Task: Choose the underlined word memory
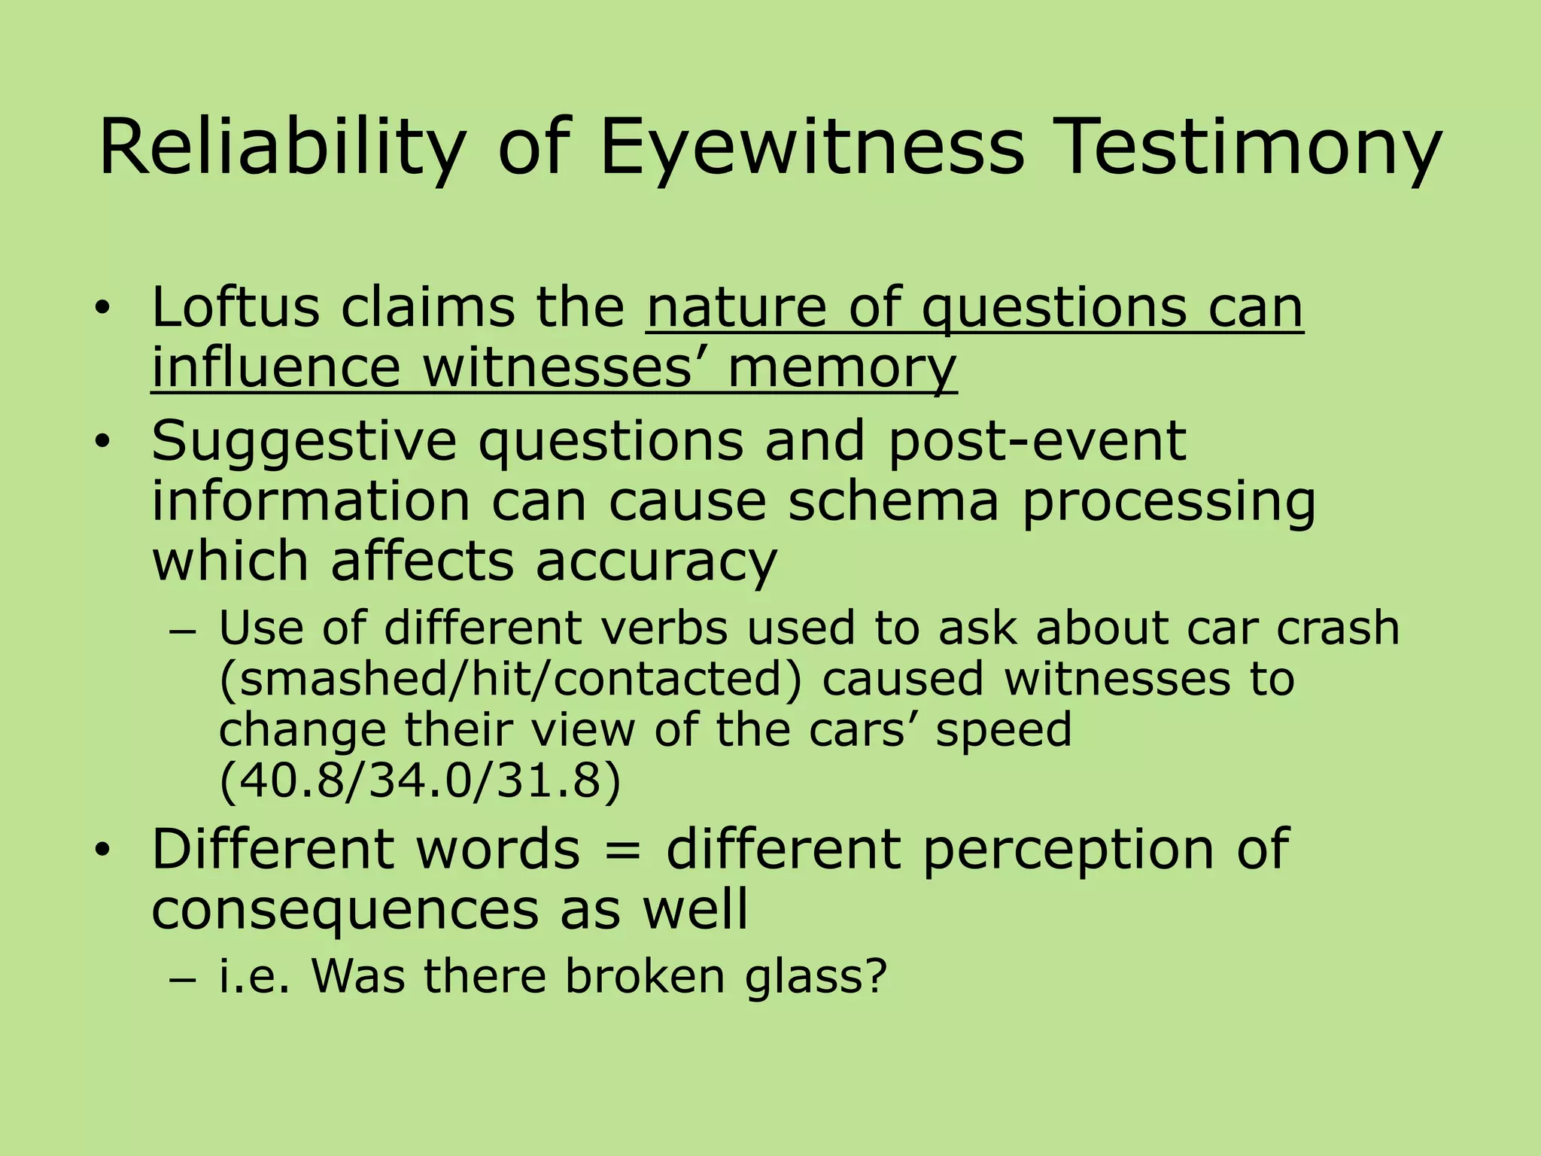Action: coord(842,369)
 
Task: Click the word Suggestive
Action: coord(304,441)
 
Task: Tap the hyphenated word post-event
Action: coord(1038,441)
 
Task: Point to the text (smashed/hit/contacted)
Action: coord(511,679)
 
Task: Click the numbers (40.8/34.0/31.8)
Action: coord(420,781)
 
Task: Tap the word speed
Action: coord(1003,730)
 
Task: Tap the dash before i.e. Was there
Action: coord(183,980)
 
